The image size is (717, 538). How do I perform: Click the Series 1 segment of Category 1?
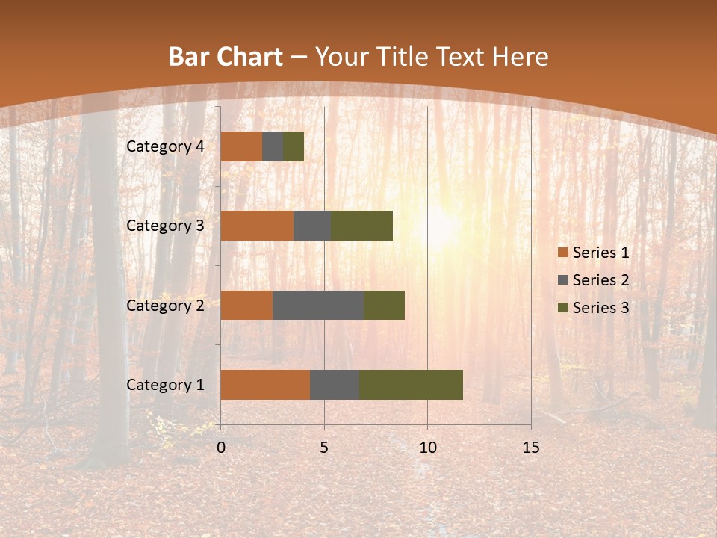point(265,385)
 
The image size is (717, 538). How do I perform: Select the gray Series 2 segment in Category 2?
point(318,305)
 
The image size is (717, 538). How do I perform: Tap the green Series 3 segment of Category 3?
point(361,226)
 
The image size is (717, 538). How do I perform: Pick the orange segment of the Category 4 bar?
point(241,146)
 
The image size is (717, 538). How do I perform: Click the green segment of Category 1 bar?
point(411,385)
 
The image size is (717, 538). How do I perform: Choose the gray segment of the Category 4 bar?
point(273,146)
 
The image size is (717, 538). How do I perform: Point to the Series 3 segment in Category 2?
point(384,305)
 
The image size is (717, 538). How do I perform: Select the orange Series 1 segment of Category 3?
point(257,226)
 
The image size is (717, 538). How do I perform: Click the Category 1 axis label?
point(165,385)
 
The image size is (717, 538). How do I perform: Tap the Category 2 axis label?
point(165,305)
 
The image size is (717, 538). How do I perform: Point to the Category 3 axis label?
point(165,226)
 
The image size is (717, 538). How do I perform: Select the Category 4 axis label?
point(165,146)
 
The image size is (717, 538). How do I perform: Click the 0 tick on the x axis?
point(221,448)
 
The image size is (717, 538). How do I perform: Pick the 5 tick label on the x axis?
point(324,448)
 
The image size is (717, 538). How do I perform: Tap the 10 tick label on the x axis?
point(427,448)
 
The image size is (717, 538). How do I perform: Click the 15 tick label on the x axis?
point(530,448)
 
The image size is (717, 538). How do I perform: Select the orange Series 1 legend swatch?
point(562,253)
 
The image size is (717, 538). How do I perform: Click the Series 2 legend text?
point(600,280)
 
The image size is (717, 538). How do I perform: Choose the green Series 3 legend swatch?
point(562,308)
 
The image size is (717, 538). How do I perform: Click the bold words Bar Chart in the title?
point(225,57)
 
